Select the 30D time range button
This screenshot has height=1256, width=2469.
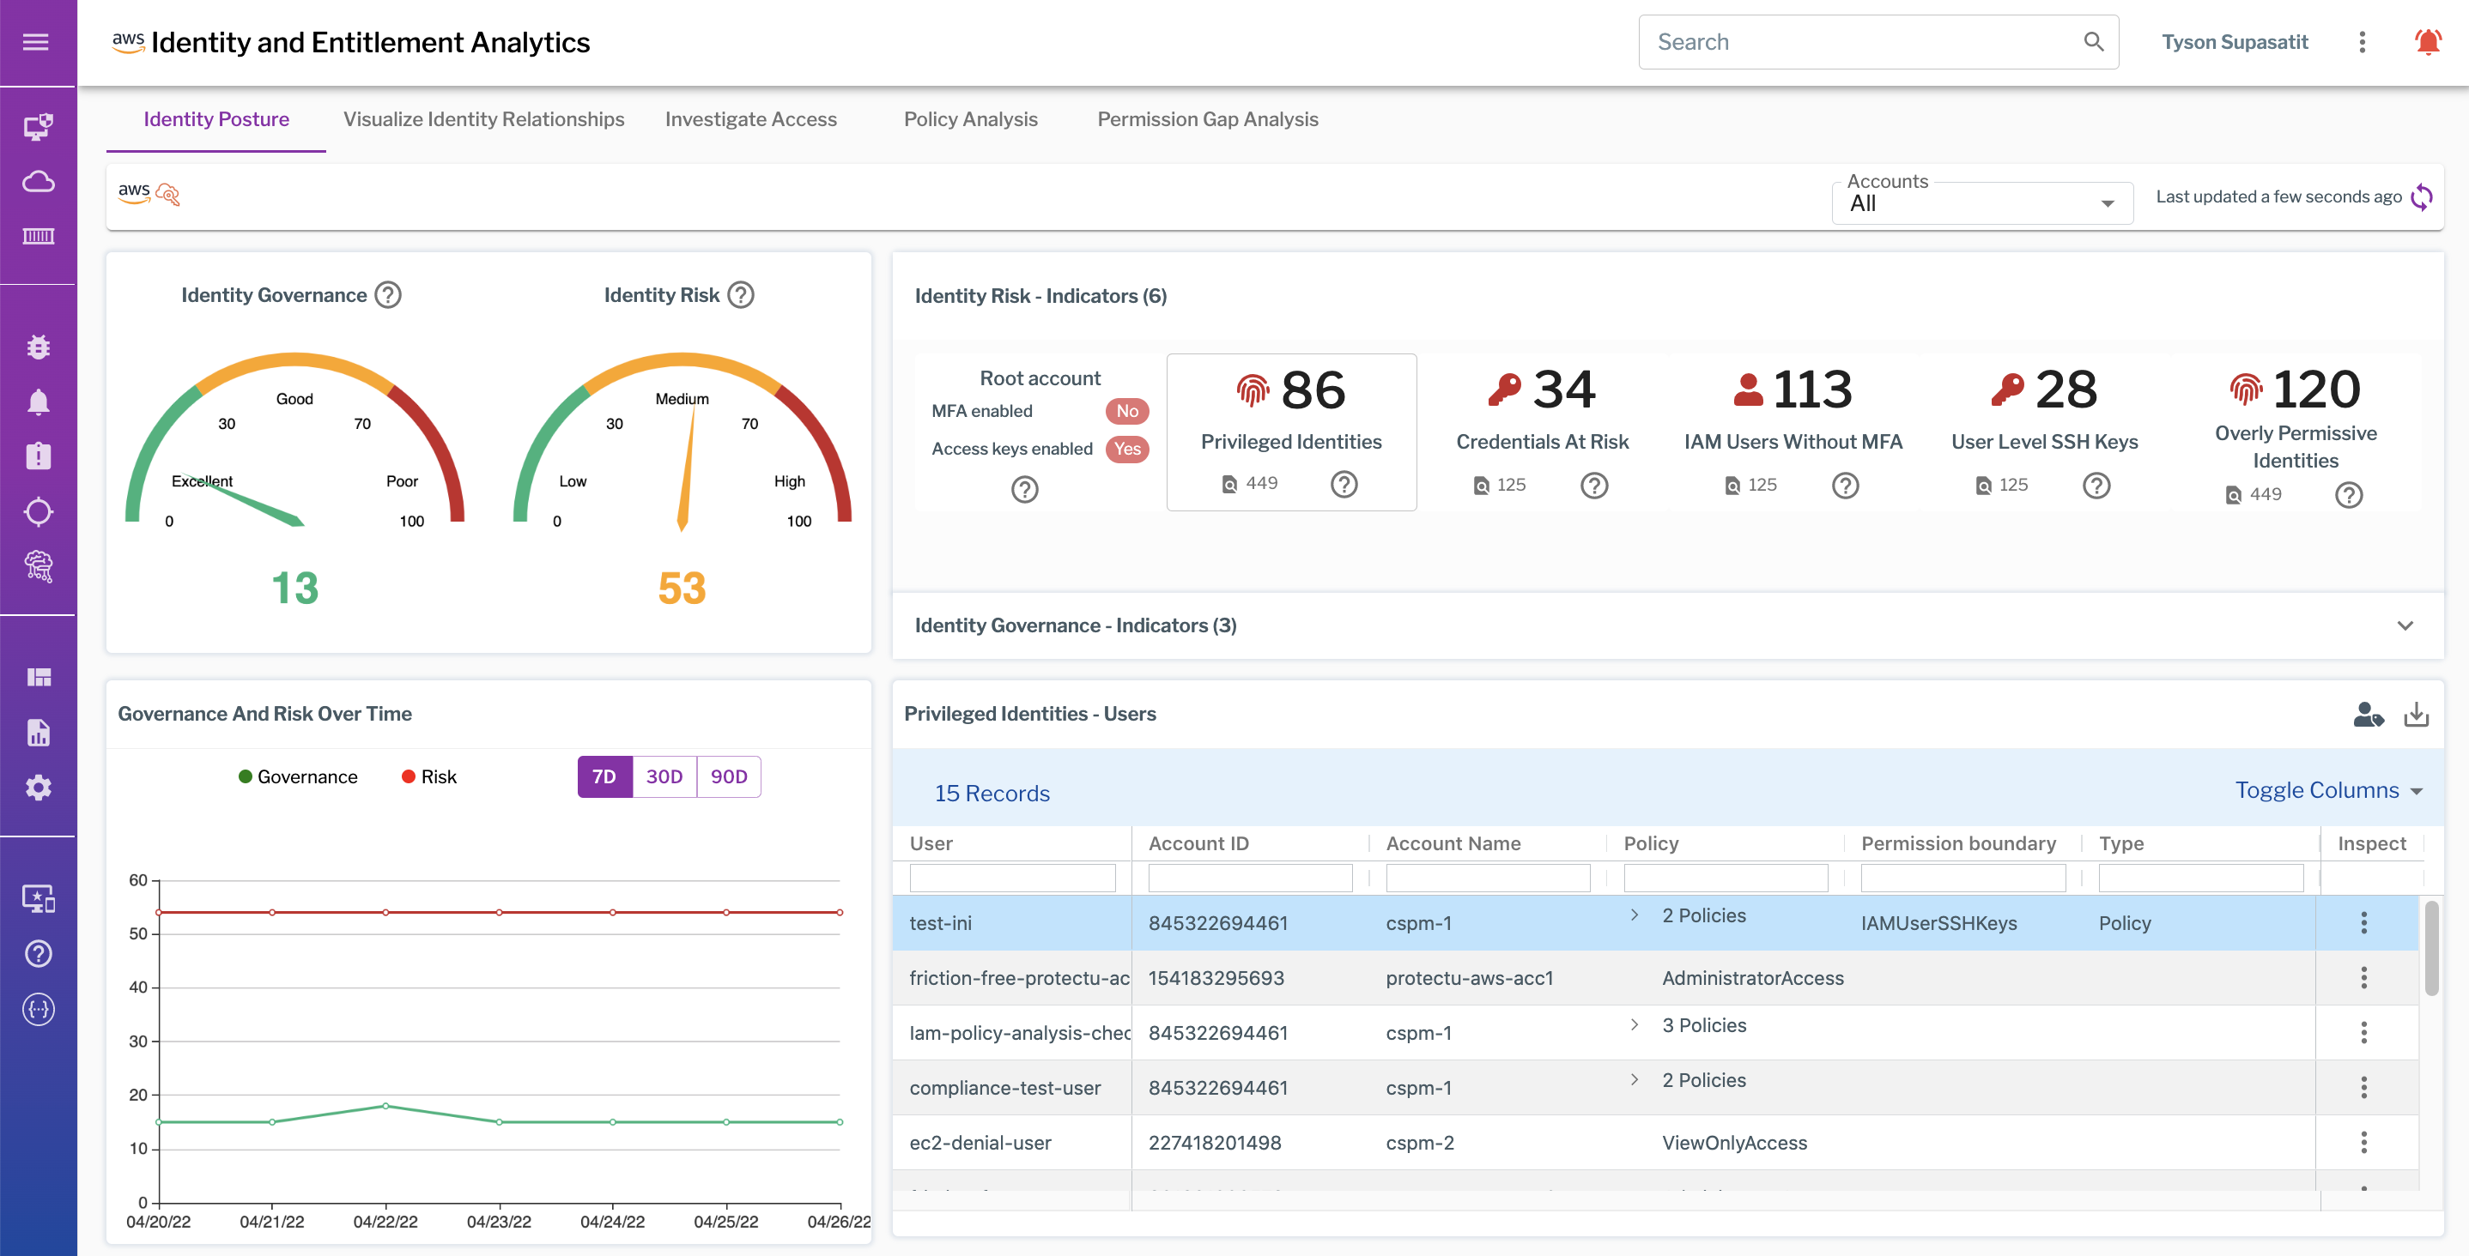point(664,776)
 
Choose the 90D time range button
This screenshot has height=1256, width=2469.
point(729,776)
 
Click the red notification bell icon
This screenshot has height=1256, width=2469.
point(2427,42)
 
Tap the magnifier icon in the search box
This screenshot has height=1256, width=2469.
point(2093,42)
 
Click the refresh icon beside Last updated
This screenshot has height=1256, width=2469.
point(2422,196)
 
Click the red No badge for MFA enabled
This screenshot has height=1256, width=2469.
point(1126,411)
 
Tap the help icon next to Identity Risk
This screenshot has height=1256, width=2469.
point(741,295)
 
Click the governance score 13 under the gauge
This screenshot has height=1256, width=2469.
point(294,588)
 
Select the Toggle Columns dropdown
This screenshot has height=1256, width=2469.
point(2328,790)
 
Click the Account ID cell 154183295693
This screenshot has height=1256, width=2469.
point(1216,977)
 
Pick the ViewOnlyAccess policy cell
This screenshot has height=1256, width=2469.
point(1734,1142)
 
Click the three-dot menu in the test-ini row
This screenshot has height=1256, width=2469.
point(2363,922)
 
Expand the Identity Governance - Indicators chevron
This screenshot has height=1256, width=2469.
point(2404,625)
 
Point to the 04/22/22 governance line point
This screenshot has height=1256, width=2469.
point(385,1106)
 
